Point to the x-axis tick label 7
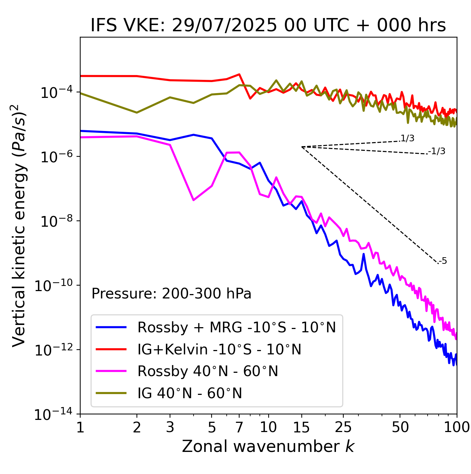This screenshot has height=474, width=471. click(239, 427)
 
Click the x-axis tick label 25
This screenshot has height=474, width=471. click(343, 427)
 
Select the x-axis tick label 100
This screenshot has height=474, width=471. click(457, 427)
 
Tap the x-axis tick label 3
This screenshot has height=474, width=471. click(170, 427)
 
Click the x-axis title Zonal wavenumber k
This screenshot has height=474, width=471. click(268, 446)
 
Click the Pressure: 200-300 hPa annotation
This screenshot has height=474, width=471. click(171, 294)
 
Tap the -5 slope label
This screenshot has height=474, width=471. click(443, 261)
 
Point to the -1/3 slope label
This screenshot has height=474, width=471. click(437, 151)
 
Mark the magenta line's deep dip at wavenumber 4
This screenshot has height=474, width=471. click(194, 200)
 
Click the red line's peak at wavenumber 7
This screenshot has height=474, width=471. click(239, 74)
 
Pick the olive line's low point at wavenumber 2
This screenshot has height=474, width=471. click(137, 113)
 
